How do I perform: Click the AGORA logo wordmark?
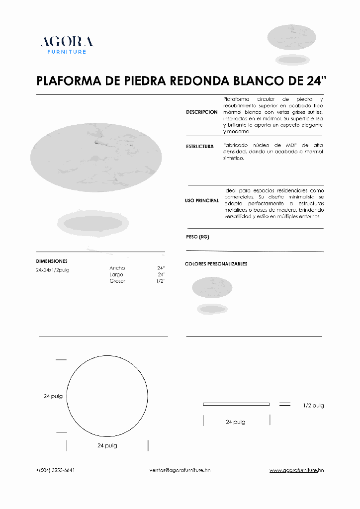pyautogui.click(x=67, y=42)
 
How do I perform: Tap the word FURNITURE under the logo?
pyautogui.click(x=67, y=52)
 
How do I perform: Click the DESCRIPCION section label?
pyautogui.click(x=201, y=112)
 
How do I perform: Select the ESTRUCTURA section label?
pyautogui.click(x=200, y=147)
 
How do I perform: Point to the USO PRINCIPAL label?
pyautogui.click(x=201, y=201)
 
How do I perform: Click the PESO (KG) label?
pyautogui.click(x=197, y=237)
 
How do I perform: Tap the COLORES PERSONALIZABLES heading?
pyautogui.click(x=216, y=264)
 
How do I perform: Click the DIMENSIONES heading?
pyautogui.click(x=52, y=261)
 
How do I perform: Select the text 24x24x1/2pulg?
pyautogui.click(x=53, y=270)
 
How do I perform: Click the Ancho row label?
pyautogui.click(x=117, y=268)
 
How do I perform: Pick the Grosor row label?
pyautogui.click(x=117, y=281)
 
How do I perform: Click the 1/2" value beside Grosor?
pyautogui.click(x=160, y=281)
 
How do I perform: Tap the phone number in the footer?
pyautogui.click(x=56, y=470)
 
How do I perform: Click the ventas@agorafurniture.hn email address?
pyautogui.click(x=180, y=470)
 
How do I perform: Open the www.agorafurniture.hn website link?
pyautogui.click(x=297, y=470)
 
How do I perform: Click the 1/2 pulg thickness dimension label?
pyautogui.click(x=313, y=406)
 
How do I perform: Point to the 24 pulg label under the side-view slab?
pyautogui.click(x=235, y=422)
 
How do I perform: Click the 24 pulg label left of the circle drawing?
pyautogui.click(x=53, y=396)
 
